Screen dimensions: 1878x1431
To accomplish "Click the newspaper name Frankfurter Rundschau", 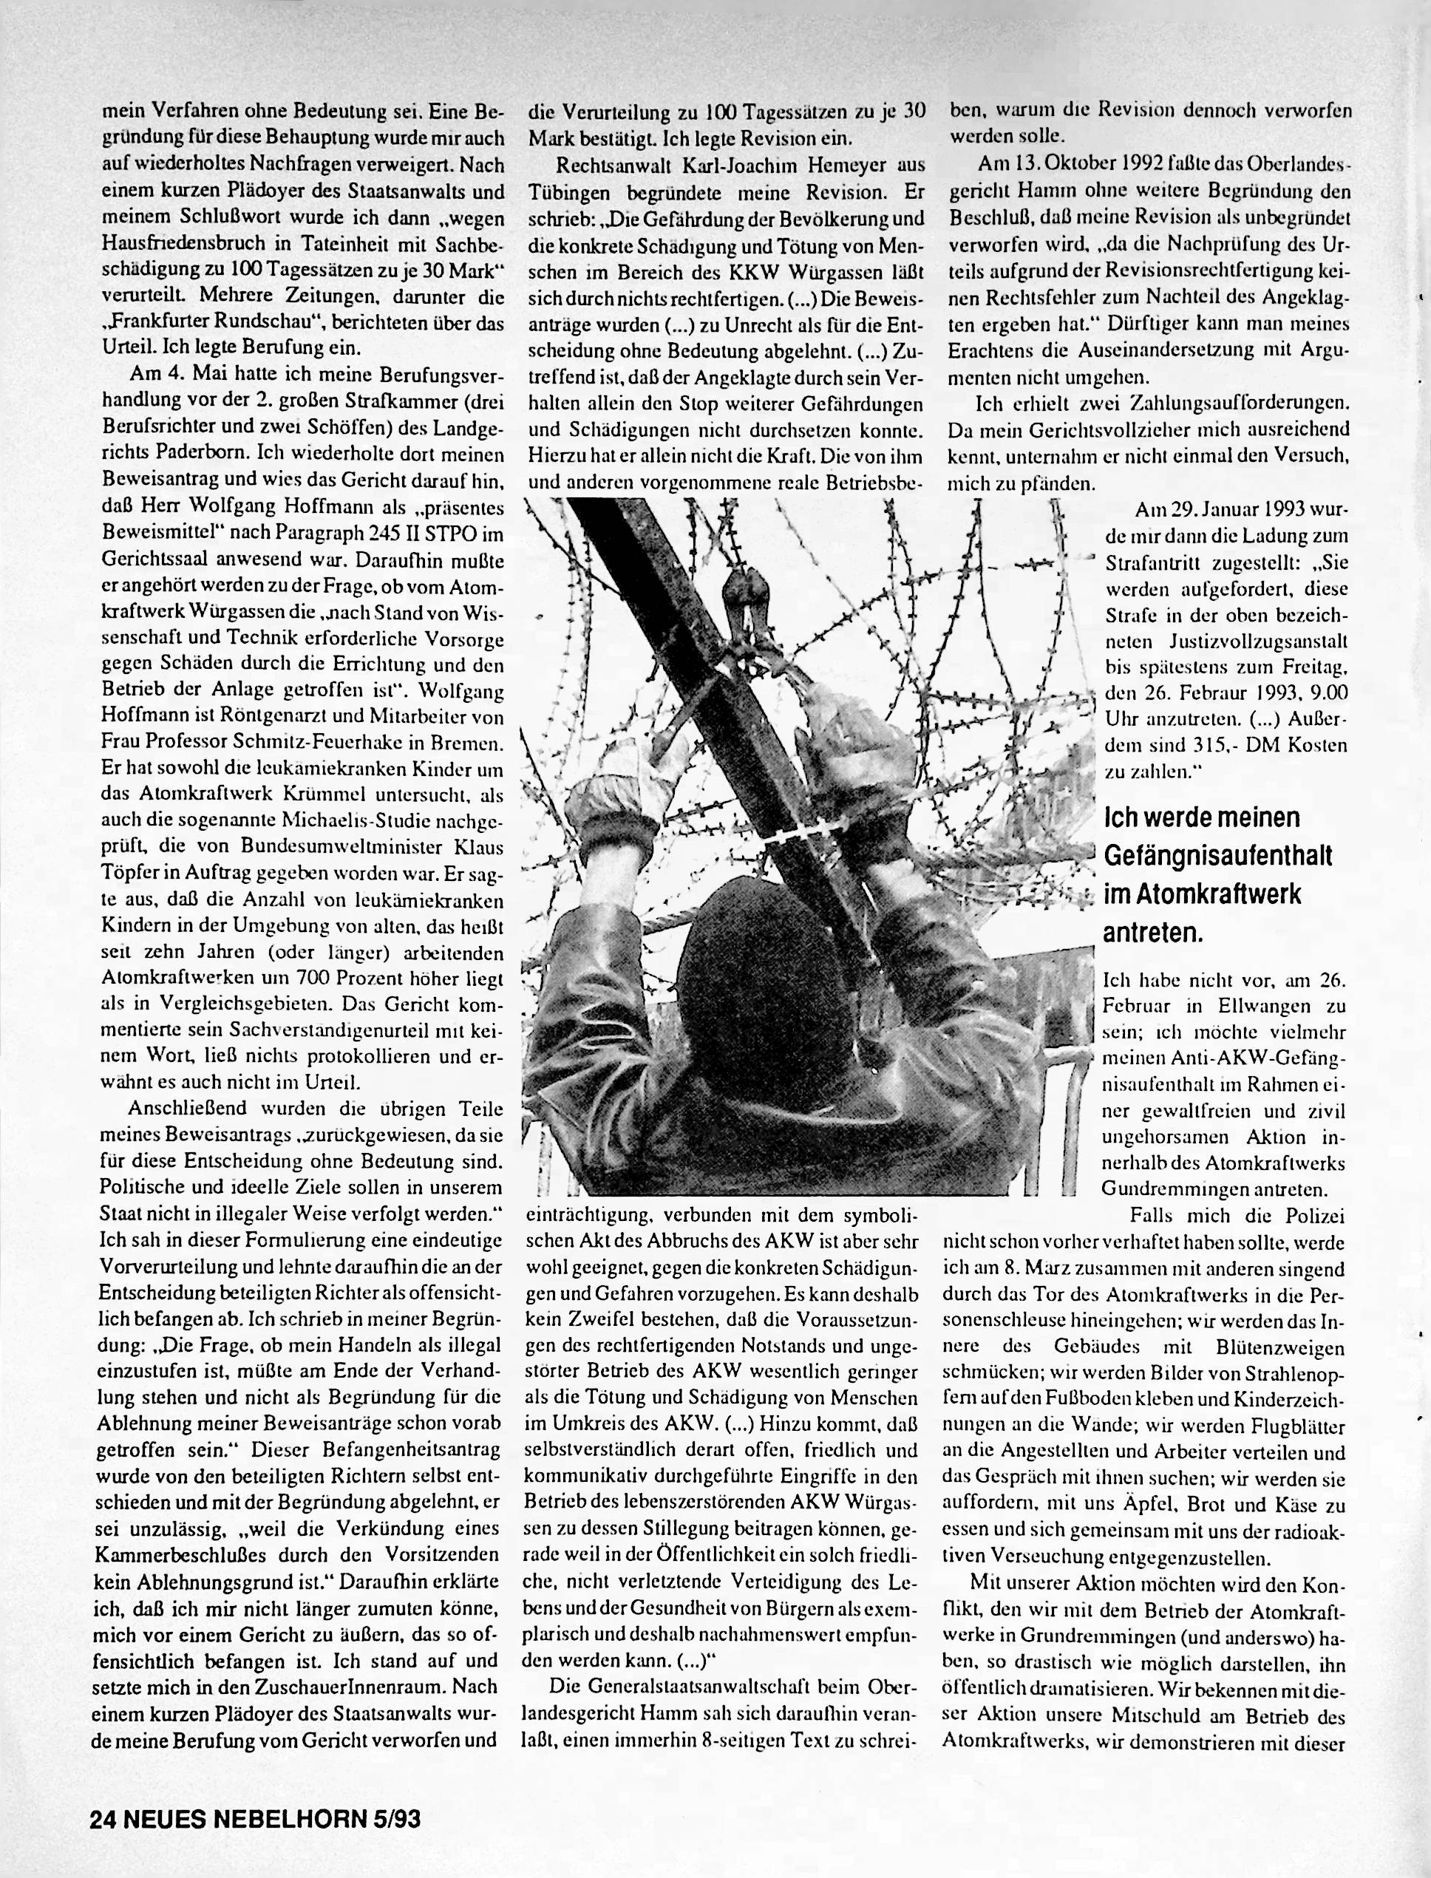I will [216, 323].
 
